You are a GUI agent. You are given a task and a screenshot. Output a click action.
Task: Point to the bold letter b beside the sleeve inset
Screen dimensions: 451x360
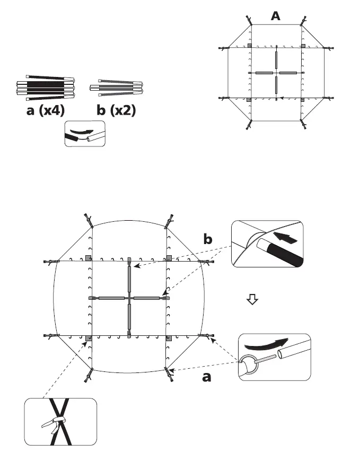pyautogui.click(x=209, y=240)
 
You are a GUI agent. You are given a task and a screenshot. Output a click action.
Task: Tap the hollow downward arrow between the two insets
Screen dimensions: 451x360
pyautogui.click(x=252, y=300)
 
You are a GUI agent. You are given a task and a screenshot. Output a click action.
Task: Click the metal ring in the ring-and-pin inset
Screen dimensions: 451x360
pyautogui.click(x=249, y=365)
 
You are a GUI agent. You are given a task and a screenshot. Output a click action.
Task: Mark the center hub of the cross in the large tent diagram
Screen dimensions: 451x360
pyautogui.click(x=129, y=299)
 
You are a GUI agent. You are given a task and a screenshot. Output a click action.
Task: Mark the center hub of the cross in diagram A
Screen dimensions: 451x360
pyautogui.click(x=276, y=72)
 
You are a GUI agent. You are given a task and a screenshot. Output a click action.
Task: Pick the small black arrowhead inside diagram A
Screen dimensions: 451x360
pyautogui.click(x=282, y=98)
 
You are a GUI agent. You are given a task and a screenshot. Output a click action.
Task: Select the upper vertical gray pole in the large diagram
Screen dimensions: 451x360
pyautogui.click(x=129, y=279)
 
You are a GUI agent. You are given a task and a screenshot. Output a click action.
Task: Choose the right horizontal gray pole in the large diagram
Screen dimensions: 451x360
pyautogui.click(x=147, y=299)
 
